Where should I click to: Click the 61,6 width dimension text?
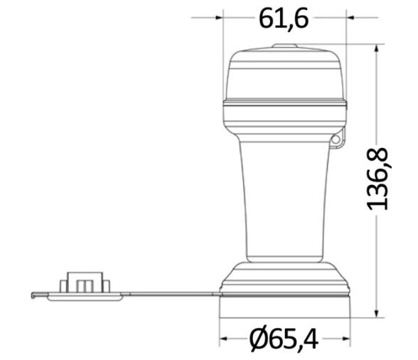tap(284, 18)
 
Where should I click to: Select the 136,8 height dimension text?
tap(377, 179)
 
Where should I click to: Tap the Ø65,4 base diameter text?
tap(284, 339)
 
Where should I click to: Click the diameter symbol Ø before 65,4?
tap(259, 339)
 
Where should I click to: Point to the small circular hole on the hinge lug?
tap(336, 139)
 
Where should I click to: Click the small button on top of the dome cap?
tap(284, 46)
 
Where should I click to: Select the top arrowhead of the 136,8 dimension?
tap(377, 48)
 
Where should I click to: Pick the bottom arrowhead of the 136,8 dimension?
tap(377, 314)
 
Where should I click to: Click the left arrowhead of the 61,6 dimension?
tap(219, 18)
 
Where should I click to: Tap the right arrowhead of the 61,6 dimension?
tap(350, 18)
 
